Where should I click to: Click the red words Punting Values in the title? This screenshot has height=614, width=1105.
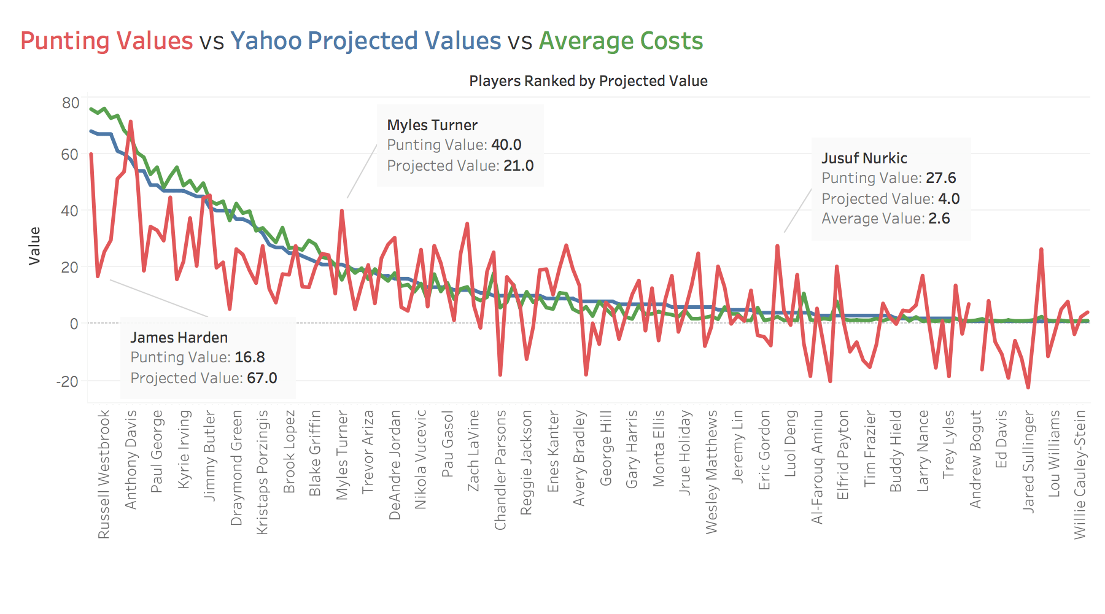(x=106, y=41)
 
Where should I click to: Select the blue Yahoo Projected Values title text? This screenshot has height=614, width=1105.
(x=366, y=41)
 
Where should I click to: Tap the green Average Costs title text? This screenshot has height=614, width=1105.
(x=621, y=41)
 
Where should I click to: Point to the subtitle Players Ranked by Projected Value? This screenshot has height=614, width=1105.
(x=588, y=81)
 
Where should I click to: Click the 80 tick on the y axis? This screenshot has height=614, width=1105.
(x=71, y=103)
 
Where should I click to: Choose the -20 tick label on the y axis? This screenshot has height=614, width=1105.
(x=68, y=381)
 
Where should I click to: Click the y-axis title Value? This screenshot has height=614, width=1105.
(x=35, y=246)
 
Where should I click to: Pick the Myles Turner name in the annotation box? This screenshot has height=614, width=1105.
(x=432, y=125)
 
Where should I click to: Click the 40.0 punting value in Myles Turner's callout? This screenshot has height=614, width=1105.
(x=506, y=145)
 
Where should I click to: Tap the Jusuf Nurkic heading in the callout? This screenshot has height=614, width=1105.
(x=864, y=158)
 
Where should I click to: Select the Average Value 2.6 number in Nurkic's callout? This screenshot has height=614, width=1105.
(x=939, y=219)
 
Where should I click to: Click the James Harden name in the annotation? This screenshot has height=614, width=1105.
(x=179, y=338)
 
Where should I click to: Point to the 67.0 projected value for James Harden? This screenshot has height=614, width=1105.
(x=262, y=378)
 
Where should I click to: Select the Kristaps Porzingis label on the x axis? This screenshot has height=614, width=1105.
(x=262, y=472)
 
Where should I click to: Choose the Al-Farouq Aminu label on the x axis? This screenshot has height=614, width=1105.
(x=816, y=467)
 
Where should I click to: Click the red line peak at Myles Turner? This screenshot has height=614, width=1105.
(x=342, y=211)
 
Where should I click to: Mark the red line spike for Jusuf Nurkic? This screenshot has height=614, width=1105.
(x=777, y=246)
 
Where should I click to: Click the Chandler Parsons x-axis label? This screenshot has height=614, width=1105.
(x=500, y=470)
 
